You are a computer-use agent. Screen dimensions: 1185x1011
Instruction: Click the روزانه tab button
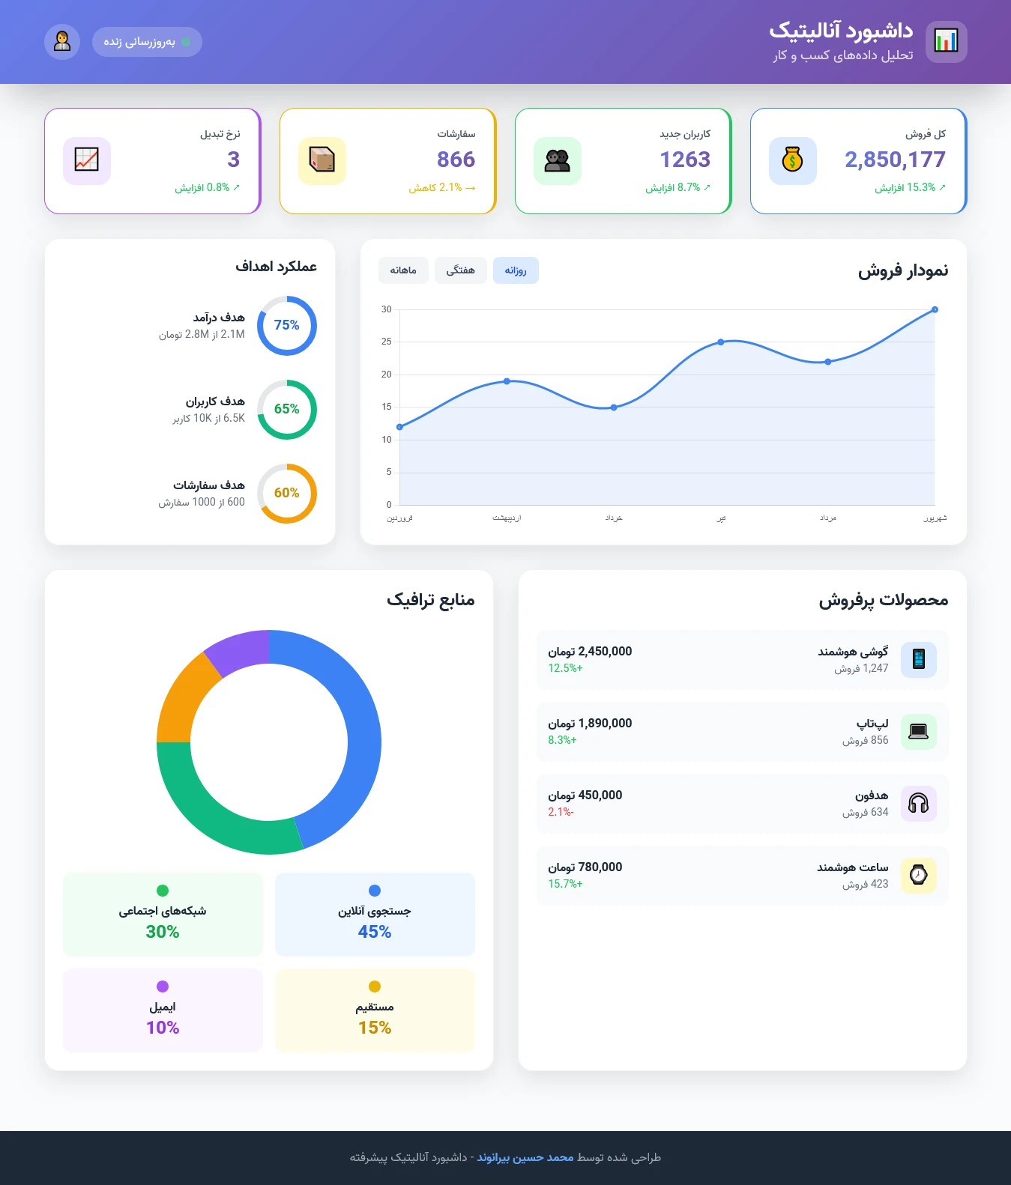[x=516, y=270]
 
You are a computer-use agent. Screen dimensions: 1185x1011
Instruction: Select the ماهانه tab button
[x=403, y=270]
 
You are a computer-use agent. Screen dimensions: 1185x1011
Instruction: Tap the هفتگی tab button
[x=460, y=270]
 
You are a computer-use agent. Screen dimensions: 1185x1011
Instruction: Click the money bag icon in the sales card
[x=792, y=160]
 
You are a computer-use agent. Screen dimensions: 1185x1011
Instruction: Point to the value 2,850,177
[x=895, y=160]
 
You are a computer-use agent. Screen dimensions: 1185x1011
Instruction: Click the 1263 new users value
[x=685, y=160]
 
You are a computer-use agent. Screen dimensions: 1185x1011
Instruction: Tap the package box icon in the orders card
[x=322, y=160]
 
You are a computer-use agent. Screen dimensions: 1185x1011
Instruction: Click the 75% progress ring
[x=287, y=325]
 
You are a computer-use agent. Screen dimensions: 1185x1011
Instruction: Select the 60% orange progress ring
[x=287, y=493]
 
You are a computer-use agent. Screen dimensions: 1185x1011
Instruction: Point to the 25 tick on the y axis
[x=387, y=342]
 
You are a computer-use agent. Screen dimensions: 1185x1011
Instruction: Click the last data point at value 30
[x=935, y=309]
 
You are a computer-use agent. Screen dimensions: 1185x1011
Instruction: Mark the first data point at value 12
[x=399, y=427]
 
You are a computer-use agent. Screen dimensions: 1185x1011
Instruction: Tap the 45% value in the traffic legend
[x=375, y=932]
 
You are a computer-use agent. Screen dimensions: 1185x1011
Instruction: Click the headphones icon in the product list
[x=918, y=804]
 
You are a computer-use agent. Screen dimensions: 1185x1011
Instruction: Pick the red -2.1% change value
[x=561, y=812]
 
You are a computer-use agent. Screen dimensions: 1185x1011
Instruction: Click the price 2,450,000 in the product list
[x=590, y=652]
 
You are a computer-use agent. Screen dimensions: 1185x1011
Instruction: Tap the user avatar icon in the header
[x=62, y=42]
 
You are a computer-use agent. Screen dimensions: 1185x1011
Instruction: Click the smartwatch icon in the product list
[x=918, y=876]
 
